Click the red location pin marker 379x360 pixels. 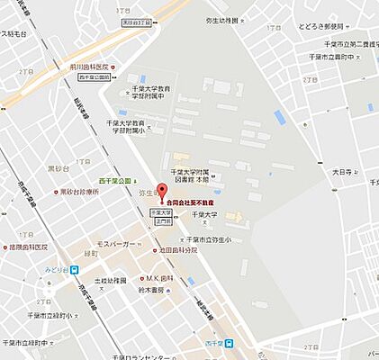161,191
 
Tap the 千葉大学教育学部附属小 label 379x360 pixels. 126,125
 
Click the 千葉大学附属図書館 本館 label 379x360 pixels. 195,176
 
